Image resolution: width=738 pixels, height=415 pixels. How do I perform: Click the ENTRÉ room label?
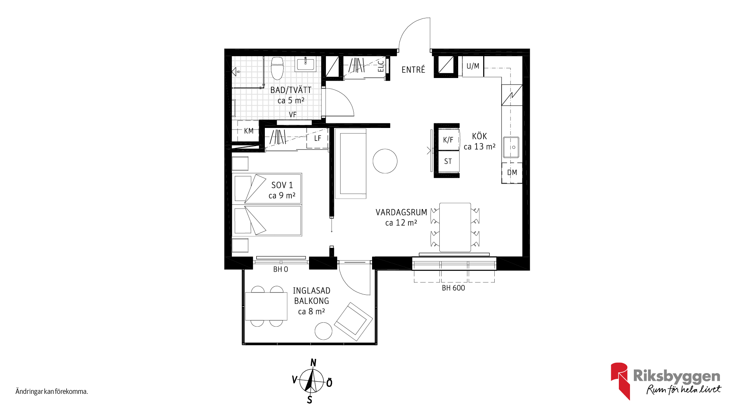coord(413,70)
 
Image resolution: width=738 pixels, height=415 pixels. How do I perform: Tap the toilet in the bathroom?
coord(277,68)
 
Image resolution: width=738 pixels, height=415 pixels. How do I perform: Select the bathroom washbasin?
coord(305,64)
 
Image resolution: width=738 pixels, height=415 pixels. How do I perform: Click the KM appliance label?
coord(249,131)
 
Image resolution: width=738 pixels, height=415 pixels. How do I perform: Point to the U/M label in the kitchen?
coord(473,66)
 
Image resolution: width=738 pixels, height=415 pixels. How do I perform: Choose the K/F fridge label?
coord(448,140)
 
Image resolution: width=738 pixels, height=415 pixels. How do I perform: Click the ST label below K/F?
coord(448,161)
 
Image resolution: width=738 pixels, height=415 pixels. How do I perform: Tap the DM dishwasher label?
coord(512,173)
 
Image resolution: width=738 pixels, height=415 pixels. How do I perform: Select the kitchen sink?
coord(511,147)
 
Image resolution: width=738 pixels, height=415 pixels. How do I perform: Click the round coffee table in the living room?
coord(385,161)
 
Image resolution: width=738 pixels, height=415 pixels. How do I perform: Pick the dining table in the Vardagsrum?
coord(455,227)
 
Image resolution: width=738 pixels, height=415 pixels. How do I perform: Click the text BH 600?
coord(453,288)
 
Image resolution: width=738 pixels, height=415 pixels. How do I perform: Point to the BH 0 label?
coord(281,269)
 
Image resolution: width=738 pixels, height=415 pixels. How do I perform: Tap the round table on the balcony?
coord(323,331)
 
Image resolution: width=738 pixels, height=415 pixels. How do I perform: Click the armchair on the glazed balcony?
coord(353,322)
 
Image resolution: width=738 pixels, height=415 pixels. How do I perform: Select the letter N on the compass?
coord(313,363)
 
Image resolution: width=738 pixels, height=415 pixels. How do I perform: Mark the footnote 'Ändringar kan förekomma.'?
coord(52,392)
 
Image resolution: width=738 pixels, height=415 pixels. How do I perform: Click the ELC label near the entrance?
coord(381,66)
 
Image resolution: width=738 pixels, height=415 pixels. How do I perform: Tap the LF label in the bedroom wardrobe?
coord(317,138)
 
